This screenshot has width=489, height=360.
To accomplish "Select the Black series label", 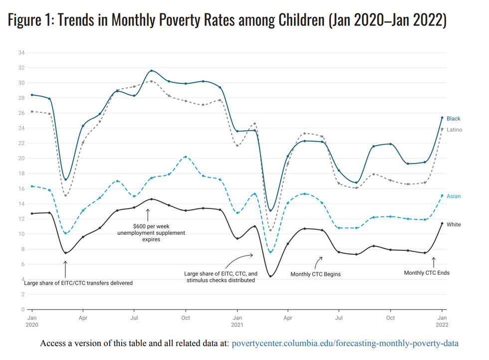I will (453, 119).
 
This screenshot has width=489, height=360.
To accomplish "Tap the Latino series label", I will (454, 130).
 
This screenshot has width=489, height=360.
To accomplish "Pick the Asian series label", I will (454, 196).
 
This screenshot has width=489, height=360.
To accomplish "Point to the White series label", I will (454, 225).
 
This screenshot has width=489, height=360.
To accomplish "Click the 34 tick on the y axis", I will (21, 52).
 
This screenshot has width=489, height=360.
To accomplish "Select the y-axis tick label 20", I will (21, 159).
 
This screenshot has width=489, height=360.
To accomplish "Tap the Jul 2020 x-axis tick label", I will (134, 318).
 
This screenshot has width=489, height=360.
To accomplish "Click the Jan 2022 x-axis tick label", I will (442, 321).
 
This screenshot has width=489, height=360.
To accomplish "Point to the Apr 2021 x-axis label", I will (287, 318).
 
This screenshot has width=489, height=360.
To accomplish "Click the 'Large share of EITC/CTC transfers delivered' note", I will (78, 283).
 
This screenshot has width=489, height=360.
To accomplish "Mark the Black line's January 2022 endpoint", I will (442, 118).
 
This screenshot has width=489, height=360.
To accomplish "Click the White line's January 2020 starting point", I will (32, 213).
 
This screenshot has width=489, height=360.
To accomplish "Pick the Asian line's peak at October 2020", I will (186, 157).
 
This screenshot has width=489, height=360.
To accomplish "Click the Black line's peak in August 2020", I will (151, 71).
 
